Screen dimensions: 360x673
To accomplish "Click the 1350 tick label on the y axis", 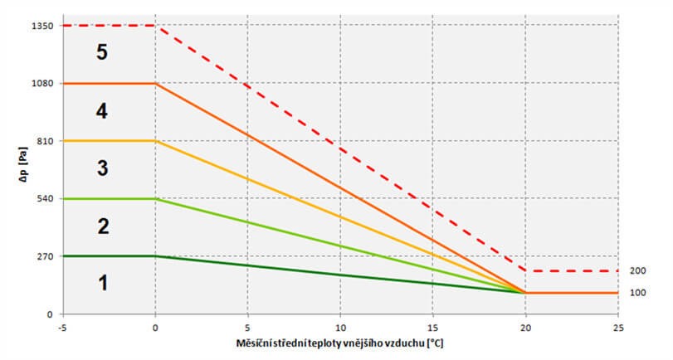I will (41, 26).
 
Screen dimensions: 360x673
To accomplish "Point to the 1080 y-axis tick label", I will (41, 84).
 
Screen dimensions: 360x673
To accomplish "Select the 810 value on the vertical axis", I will (44, 141).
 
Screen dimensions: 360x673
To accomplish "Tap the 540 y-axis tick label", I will (44, 199).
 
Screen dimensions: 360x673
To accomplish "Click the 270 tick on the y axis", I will (44, 256).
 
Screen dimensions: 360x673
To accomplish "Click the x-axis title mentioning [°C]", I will (339, 343).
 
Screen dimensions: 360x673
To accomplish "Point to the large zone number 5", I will (102, 52).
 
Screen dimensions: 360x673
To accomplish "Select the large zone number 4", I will (102, 110).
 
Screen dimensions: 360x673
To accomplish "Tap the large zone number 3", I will (102, 168).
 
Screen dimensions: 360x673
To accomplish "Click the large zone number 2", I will (102, 226).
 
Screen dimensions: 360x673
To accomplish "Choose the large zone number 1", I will (102, 283).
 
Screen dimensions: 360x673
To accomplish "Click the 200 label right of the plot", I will (638, 270).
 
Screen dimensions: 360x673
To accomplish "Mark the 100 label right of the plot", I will (638, 293).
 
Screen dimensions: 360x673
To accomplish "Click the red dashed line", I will (340, 149).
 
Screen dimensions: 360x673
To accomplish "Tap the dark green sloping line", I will (340, 275).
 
